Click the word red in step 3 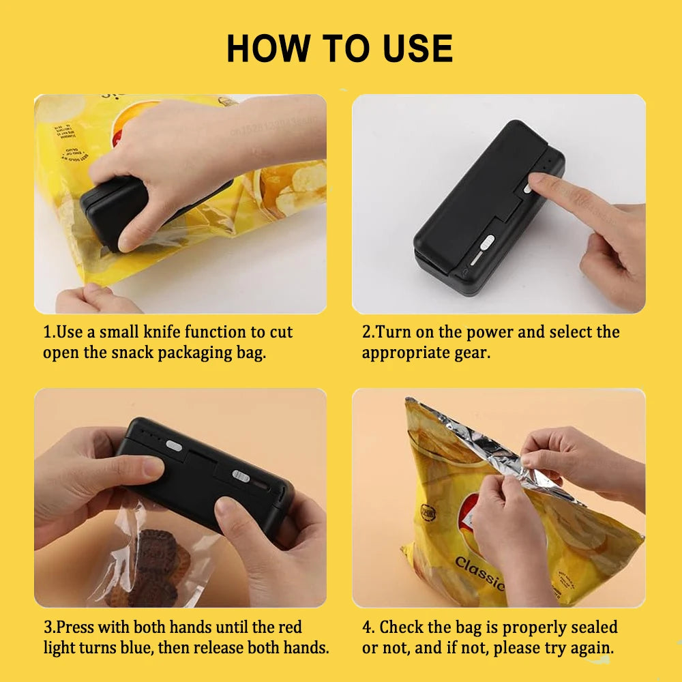(x=287, y=627)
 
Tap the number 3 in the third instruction (x=48, y=627)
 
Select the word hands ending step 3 (x=306, y=647)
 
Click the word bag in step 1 (x=250, y=353)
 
